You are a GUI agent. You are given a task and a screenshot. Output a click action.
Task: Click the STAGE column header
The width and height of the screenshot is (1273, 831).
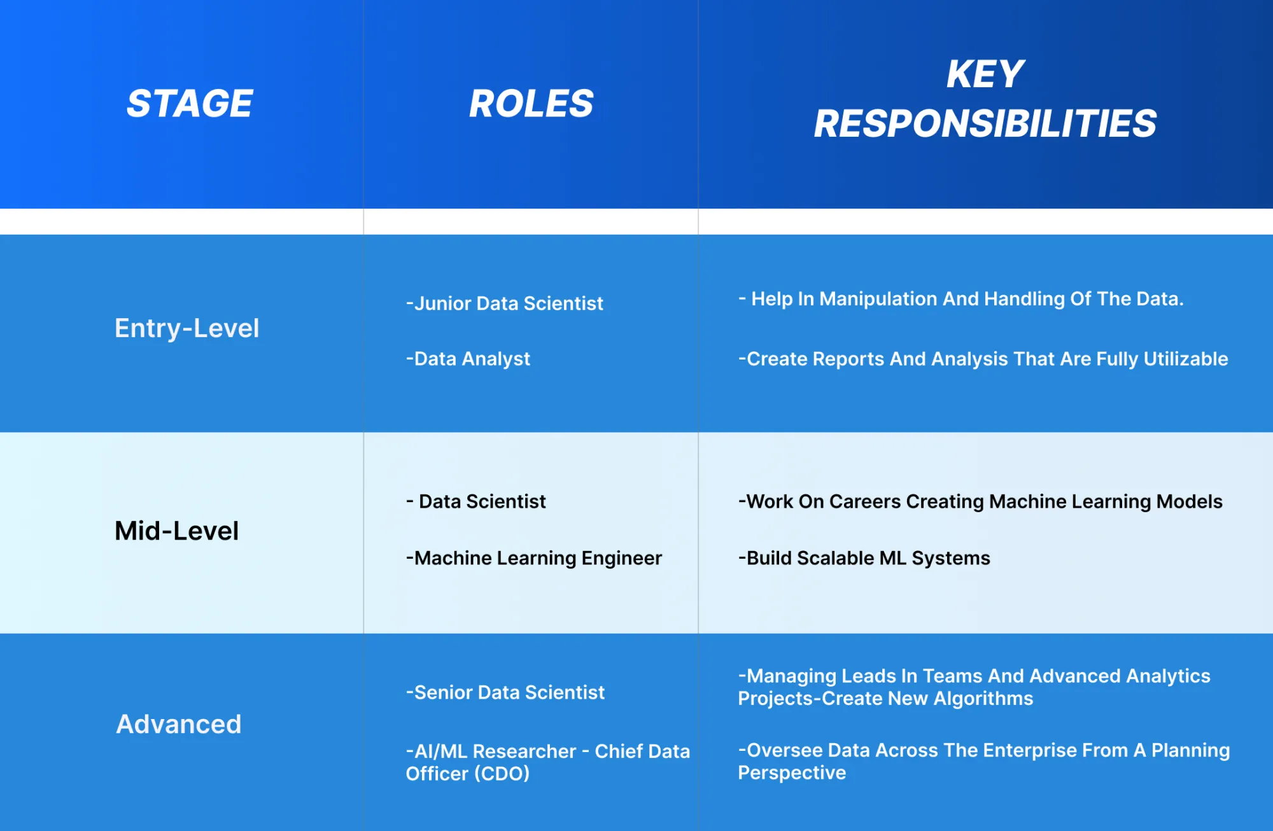coord(190,104)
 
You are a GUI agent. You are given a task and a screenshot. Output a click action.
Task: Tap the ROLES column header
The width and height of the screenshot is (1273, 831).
coord(531,104)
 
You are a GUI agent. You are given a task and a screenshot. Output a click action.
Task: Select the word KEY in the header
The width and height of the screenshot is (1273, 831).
coord(985,74)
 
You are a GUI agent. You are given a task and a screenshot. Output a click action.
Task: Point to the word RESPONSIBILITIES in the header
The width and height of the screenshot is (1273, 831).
coord(985,123)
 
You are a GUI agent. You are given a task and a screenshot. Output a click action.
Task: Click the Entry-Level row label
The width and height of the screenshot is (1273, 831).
coord(186,328)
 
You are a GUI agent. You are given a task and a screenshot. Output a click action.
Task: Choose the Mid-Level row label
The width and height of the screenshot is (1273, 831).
coord(176,531)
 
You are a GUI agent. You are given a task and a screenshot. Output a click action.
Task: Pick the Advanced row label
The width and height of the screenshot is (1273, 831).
coord(179,724)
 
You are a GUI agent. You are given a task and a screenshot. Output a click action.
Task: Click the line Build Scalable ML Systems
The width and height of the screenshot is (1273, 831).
coord(864,558)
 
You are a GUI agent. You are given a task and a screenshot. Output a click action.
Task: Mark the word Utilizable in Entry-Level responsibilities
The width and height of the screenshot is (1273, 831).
coord(1186,359)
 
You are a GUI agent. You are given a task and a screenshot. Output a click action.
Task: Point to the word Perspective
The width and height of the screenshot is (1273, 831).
coord(792,772)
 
